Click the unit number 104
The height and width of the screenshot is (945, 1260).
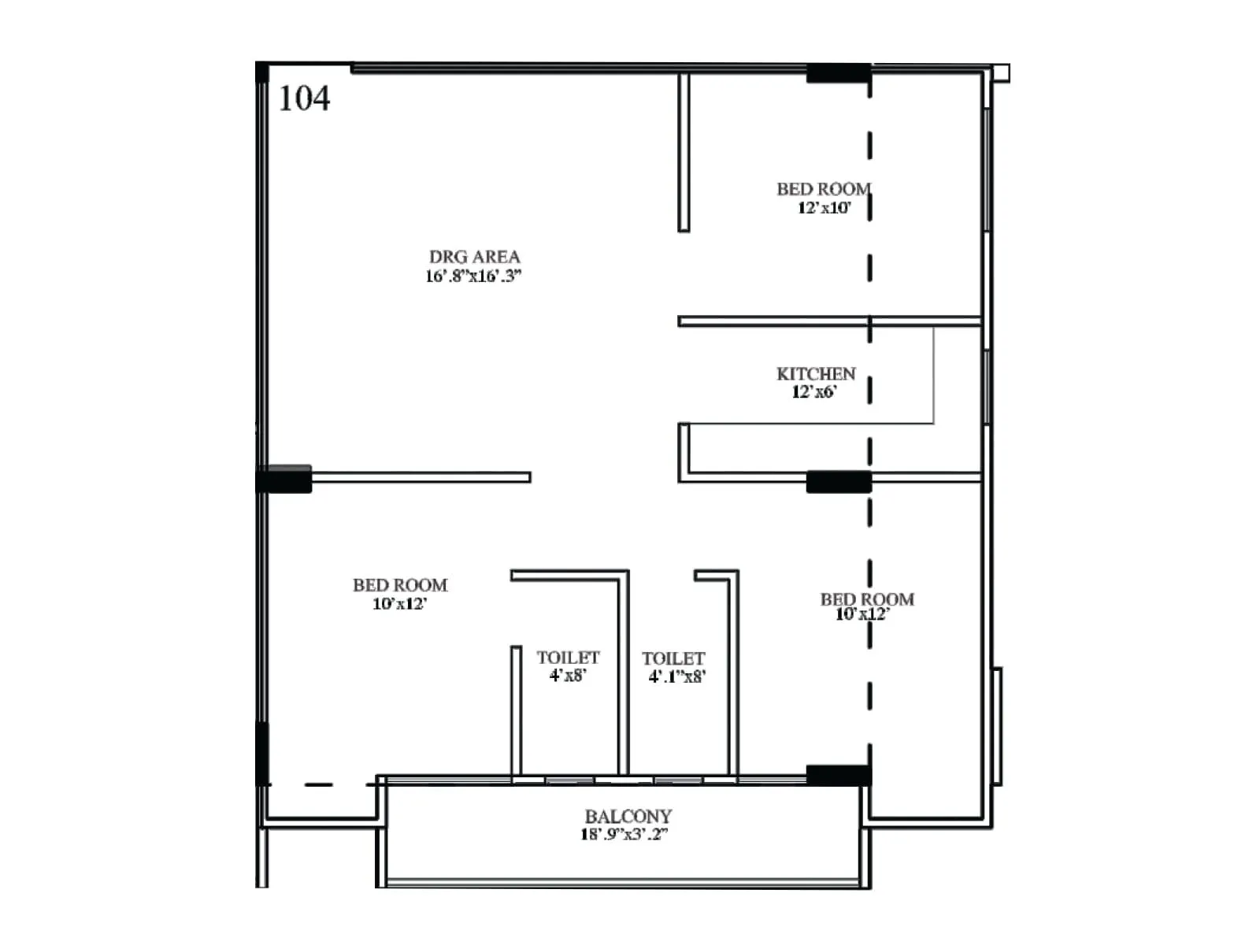tap(304, 98)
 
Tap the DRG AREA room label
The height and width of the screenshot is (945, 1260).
tap(474, 257)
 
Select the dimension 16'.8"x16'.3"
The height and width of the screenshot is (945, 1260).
tap(473, 276)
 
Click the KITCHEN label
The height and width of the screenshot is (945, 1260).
tap(816, 374)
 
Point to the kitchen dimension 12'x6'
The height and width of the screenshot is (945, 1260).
tap(814, 392)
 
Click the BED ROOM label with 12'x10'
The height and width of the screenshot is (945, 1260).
tap(823, 189)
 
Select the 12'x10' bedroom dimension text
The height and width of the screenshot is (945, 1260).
tap(824, 208)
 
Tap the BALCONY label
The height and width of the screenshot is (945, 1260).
tap(628, 817)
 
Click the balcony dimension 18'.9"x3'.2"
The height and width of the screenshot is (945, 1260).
tap(624, 835)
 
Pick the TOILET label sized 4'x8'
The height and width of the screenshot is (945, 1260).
tap(568, 658)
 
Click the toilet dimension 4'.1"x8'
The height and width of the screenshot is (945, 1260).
tap(676, 676)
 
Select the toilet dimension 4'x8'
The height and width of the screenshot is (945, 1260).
tap(568, 676)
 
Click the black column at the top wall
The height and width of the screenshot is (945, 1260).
tap(838, 73)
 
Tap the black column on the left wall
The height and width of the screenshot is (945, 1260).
tap(285, 479)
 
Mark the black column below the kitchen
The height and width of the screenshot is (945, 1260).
tap(839, 481)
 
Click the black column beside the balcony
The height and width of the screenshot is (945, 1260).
tap(839, 775)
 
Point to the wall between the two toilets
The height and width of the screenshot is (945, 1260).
tap(623, 677)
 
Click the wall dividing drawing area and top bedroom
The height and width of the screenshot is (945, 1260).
tap(684, 154)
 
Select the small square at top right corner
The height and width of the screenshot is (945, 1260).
tap(1001, 73)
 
